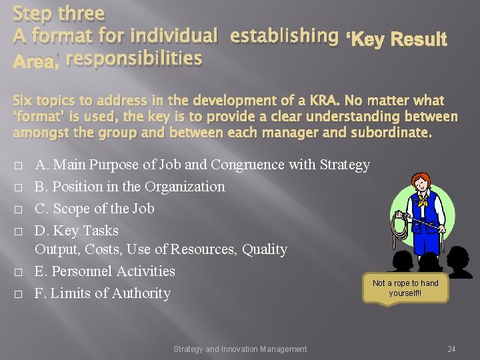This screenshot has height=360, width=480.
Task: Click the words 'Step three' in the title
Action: tap(59, 13)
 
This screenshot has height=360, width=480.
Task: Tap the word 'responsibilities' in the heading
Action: tap(134, 59)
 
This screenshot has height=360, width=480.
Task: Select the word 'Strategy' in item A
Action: tap(345, 164)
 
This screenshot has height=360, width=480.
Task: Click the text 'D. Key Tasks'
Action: tap(76, 230)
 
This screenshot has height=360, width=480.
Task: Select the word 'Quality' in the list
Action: tap(265, 249)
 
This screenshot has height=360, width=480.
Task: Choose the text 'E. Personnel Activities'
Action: tap(105, 271)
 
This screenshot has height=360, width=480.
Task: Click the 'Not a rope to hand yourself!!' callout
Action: tap(405, 288)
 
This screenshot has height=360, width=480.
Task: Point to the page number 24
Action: tap(451, 349)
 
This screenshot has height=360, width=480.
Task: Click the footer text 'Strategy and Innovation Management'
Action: tap(240, 349)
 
